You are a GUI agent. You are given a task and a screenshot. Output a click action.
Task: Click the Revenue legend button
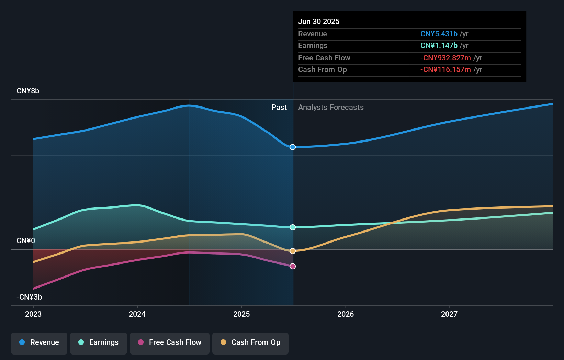click(x=39, y=343)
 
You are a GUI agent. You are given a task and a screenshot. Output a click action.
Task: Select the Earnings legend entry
click(x=99, y=343)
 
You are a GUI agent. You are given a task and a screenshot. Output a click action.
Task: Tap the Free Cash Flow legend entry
click(x=170, y=343)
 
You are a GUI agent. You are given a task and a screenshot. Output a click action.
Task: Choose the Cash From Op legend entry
click(x=250, y=343)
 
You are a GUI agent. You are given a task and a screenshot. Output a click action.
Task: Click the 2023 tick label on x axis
click(x=33, y=314)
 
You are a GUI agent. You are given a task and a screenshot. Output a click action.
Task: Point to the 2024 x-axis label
click(x=137, y=314)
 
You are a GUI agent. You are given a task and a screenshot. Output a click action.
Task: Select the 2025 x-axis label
click(x=241, y=314)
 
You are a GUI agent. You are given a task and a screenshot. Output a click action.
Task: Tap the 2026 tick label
click(x=346, y=314)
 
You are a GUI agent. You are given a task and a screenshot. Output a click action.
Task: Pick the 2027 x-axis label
click(x=449, y=314)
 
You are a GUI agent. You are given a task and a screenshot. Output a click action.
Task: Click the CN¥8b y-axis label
click(x=28, y=91)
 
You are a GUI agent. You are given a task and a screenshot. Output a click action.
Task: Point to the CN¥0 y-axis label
click(x=26, y=241)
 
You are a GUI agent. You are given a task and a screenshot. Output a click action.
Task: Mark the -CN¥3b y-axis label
click(x=29, y=297)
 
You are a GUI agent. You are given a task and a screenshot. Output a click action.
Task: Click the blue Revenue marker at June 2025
click(x=293, y=147)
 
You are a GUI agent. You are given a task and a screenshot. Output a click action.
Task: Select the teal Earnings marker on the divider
click(x=293, y=227)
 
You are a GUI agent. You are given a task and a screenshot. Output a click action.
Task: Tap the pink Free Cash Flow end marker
click(x=293, y=266)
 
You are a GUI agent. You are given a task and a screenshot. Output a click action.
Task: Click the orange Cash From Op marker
click(x=293, y=251)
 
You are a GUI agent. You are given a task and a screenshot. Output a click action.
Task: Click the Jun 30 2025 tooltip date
click(x=319, y=21)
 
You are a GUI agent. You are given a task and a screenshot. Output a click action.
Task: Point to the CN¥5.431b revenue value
click(x=439, y=34)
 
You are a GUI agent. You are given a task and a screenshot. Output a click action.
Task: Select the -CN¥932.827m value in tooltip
click(x=445, y=58)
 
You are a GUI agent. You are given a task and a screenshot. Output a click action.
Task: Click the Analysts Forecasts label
click(x=331, y=107)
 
